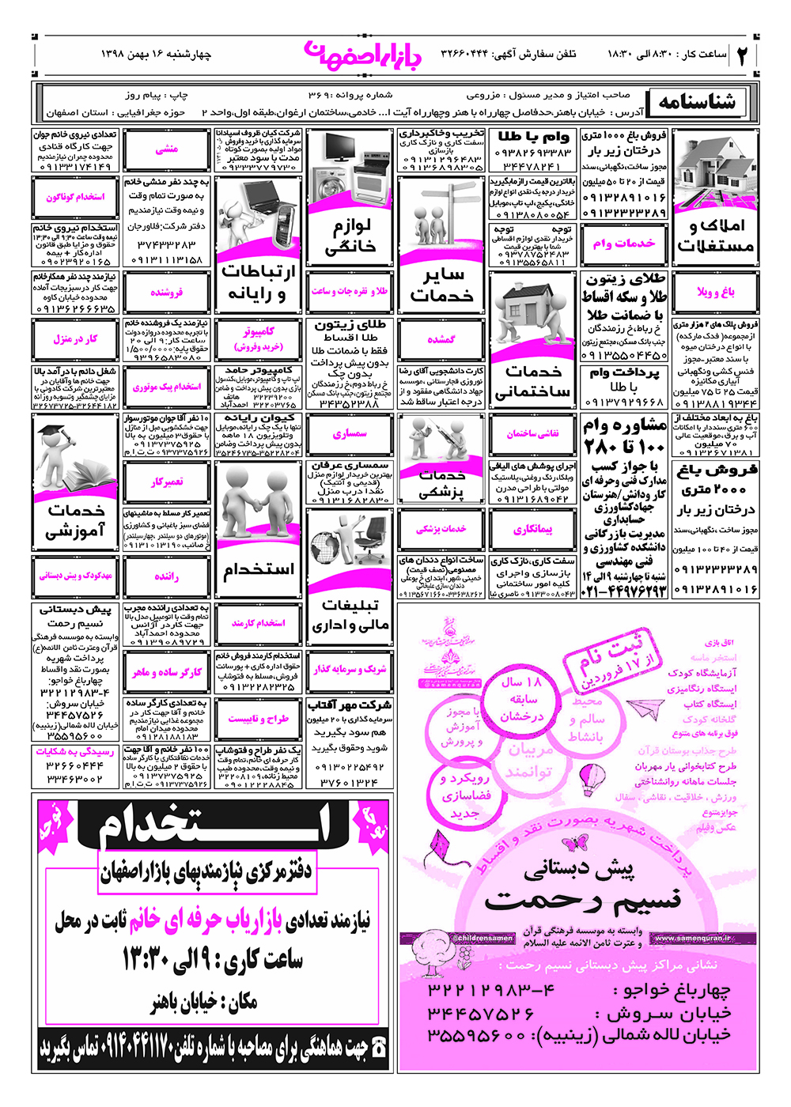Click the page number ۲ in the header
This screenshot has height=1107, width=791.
pyautogui.click(x=743, y=55)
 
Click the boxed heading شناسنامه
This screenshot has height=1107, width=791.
pyautogui.click(x=697, y=102)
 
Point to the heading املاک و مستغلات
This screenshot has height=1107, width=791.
pyautogui.click(x=716, y=236)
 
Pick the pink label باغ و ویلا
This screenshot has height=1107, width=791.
pyautogui.click(x=716, y=293)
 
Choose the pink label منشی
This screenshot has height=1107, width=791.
pyautogui.click(x=167, y=149)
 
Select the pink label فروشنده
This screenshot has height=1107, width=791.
pyautogui.click(x=167, y=293)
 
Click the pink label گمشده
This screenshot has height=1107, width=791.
pyautogui.click(x=441, y=339)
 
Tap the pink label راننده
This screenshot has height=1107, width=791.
pyautogui.click(x=167, y=576)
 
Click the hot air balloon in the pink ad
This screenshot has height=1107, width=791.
pyautogui.click(x=592, y=779)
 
